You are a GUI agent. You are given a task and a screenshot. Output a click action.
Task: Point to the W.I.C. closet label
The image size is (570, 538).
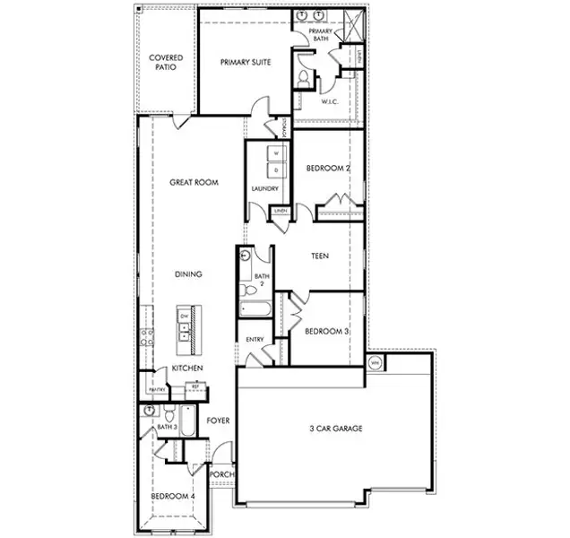[330, 101]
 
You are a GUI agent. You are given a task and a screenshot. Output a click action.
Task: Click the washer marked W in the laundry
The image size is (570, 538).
[276, 153]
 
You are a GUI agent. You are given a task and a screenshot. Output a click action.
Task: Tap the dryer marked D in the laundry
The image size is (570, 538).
[276, 169]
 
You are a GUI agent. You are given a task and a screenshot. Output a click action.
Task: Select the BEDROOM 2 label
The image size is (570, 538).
[328, 168]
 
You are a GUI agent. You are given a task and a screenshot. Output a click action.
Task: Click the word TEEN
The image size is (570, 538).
[319, 256]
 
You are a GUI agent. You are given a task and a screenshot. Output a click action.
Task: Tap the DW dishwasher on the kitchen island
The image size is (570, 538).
[184, 317]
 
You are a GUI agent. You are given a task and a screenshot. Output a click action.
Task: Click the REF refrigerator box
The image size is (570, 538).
[194, 388]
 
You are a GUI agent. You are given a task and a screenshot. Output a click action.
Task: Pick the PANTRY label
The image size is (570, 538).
[156, 390]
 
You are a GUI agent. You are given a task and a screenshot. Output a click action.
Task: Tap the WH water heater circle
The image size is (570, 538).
[376, 363]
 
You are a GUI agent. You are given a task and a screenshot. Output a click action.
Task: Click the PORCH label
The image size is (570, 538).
[221, 474]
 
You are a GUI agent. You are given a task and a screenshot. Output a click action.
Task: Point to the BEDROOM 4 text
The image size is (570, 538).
[171, 496]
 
